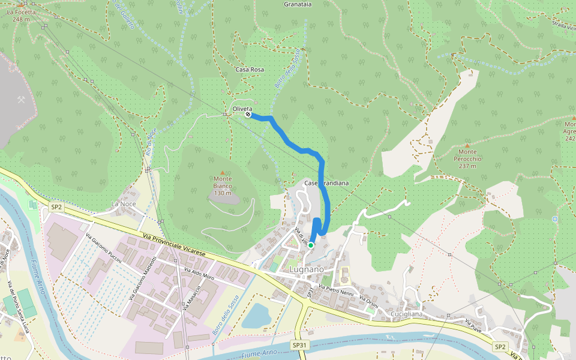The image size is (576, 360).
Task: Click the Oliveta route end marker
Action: pos(248,114)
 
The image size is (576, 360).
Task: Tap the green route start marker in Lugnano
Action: pos(311,245)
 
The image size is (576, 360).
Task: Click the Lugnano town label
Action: pos(306,269)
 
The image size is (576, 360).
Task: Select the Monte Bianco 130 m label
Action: pos(223,185)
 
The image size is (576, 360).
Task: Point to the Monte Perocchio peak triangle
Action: pos(467,145)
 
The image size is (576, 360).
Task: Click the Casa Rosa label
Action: pos(250,70)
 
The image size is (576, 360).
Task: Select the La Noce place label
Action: pos(124,204)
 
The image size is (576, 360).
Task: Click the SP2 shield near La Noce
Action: pos(56,206)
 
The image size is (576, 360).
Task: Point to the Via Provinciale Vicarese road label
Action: pos(175,246)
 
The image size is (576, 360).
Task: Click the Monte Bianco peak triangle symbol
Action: pos(223,173)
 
